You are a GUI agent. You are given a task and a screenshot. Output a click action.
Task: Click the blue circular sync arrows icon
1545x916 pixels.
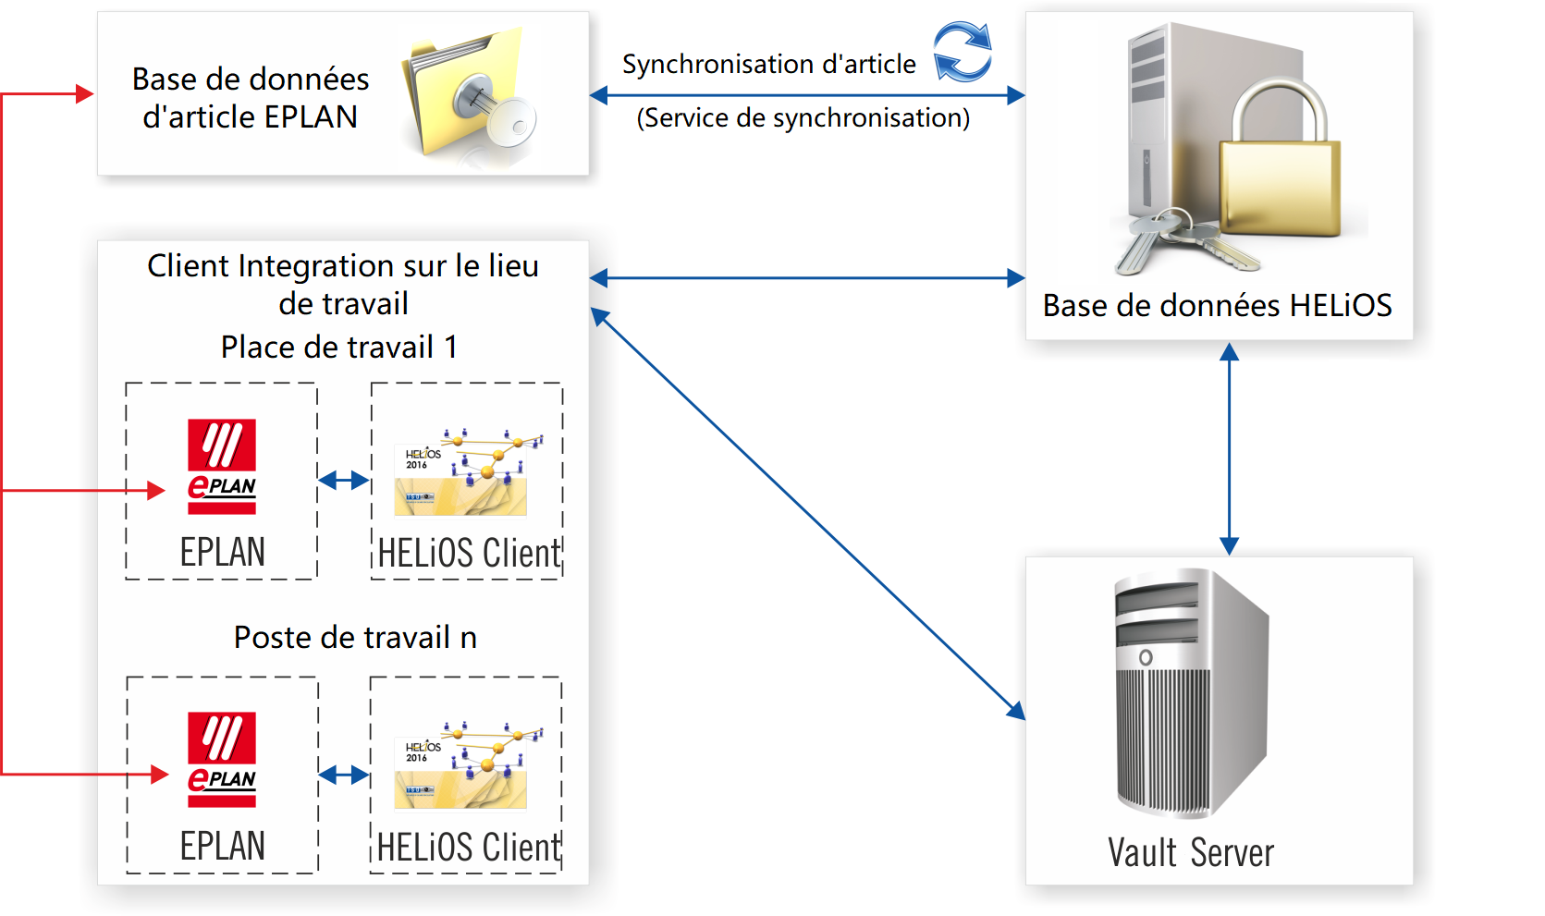click(963, 52)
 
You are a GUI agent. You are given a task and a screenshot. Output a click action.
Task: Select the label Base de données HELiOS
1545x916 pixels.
click(1217, 306)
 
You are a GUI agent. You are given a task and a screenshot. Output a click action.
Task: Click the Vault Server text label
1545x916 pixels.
click(1191, 852)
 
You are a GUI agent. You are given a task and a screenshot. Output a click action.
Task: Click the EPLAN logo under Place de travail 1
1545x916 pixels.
click(222, 467)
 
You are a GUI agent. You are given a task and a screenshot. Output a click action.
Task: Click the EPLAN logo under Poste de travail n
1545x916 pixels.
click(222, 759)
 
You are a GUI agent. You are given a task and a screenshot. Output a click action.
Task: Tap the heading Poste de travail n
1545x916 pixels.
click(355, 638)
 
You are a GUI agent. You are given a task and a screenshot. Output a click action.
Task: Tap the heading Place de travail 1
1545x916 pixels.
click(339, 348)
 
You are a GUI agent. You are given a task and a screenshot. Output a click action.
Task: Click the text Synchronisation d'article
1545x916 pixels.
click(768, 65)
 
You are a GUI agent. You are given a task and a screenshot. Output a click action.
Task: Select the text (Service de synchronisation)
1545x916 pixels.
click(803, 118)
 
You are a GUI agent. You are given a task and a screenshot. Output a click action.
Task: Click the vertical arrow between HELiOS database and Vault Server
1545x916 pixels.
click(1229, 448)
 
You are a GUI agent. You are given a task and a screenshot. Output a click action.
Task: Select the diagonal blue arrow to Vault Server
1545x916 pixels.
click(807, 513)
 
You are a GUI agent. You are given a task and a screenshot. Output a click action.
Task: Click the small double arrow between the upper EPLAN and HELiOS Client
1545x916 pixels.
click(344, 480)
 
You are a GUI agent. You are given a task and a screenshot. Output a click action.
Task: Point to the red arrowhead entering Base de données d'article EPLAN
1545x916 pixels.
click(84, 93)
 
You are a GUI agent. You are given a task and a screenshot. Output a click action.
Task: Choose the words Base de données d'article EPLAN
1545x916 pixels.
click(250, 98)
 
